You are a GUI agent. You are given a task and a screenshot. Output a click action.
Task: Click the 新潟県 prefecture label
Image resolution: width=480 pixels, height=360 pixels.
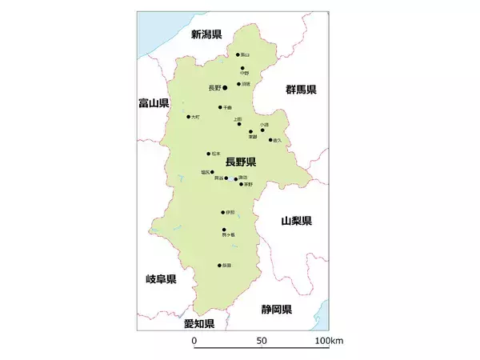coord(206,34)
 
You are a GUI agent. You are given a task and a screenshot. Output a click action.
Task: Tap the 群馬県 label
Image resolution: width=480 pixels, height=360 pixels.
coord(302,90)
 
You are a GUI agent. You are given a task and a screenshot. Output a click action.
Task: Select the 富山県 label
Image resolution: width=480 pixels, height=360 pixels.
coord(153,103)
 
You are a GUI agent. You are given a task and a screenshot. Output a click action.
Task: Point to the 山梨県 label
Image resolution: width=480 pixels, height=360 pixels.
coord(296,220)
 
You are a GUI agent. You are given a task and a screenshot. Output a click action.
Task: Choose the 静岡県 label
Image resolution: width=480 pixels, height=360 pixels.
coord(276,309)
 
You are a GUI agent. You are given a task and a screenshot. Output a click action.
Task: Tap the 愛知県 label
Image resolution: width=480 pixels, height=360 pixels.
coord(199,323)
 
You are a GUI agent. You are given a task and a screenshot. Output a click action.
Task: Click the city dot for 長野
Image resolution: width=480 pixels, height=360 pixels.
coord(226,87)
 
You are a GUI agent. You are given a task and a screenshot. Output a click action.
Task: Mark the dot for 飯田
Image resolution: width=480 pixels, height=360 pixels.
coord(219,266)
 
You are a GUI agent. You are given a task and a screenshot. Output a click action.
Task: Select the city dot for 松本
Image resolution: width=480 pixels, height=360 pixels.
coord(209,154)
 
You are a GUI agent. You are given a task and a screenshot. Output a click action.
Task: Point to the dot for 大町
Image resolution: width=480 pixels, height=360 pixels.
coord(189,117)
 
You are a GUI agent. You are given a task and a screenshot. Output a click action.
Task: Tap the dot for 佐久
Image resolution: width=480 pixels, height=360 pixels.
coord(270,139)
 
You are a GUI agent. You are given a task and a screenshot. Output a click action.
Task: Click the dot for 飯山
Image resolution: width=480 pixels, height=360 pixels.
coord(238,54)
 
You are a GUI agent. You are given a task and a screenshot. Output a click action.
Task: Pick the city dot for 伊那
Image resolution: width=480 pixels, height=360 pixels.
coord(223,213)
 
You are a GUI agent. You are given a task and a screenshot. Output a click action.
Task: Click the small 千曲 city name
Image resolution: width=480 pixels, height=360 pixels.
coord(228,107)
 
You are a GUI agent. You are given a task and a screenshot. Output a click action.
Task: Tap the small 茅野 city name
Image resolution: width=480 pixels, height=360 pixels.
coord(248,184)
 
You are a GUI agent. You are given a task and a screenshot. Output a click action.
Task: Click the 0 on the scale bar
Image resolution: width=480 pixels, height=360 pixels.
coord(194,341)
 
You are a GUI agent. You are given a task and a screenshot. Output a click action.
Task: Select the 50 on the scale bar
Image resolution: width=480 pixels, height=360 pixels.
coord(262,341)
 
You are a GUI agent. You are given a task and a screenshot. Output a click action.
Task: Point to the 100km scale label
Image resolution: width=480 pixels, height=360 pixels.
coord(328,341)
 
